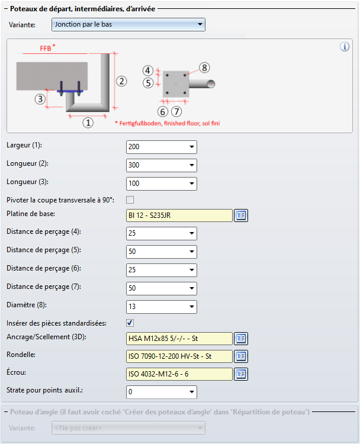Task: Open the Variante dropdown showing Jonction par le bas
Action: click(128, 24)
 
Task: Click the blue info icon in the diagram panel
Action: click(345, 47)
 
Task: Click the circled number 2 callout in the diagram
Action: click(121, 81)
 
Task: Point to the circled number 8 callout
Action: click(204, 67)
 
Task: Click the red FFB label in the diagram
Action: click(46, 48)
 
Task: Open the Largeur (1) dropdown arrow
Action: click(192, 147)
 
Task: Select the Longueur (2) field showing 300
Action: click(162, 165)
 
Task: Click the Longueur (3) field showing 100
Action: click(162, 184)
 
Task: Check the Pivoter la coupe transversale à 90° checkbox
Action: click(130, 200)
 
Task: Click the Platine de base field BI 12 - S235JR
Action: click(179, 215)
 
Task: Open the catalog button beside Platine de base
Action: click(241, 215)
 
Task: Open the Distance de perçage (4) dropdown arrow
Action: click(192, 233)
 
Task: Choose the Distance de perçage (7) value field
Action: click(162, 288)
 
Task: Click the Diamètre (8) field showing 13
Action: click(162, 307)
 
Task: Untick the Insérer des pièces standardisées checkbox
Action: click(130, 323)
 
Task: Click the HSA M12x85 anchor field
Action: click(179, 339)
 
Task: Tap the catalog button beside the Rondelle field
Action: click(241, 356)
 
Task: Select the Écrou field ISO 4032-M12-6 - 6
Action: click(179, 374)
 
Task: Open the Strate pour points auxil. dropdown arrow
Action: click(192, 392)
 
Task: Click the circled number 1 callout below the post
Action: click(88, 123)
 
